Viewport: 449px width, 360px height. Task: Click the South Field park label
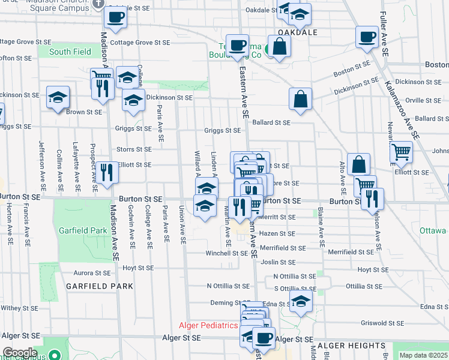tap(70, 52)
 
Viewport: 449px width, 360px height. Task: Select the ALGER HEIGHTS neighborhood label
tap(351, 346)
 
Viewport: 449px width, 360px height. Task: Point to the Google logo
tap(19, 353)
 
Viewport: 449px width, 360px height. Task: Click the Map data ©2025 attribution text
tap(423, 355)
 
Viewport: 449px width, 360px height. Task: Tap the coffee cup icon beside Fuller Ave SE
tap(366, 37)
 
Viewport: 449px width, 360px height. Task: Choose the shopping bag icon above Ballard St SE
tap(300, 99)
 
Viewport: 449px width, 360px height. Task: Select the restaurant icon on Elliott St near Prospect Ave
tap(109, 172)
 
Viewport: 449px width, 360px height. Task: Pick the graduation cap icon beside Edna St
tap(301, 299)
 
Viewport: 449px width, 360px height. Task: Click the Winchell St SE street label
tap(226, 253)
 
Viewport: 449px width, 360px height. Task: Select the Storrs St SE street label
tap(134, 149)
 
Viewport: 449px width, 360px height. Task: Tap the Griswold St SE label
tap(382, 323)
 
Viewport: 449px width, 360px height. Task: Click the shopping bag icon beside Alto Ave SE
tap(358, 163)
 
